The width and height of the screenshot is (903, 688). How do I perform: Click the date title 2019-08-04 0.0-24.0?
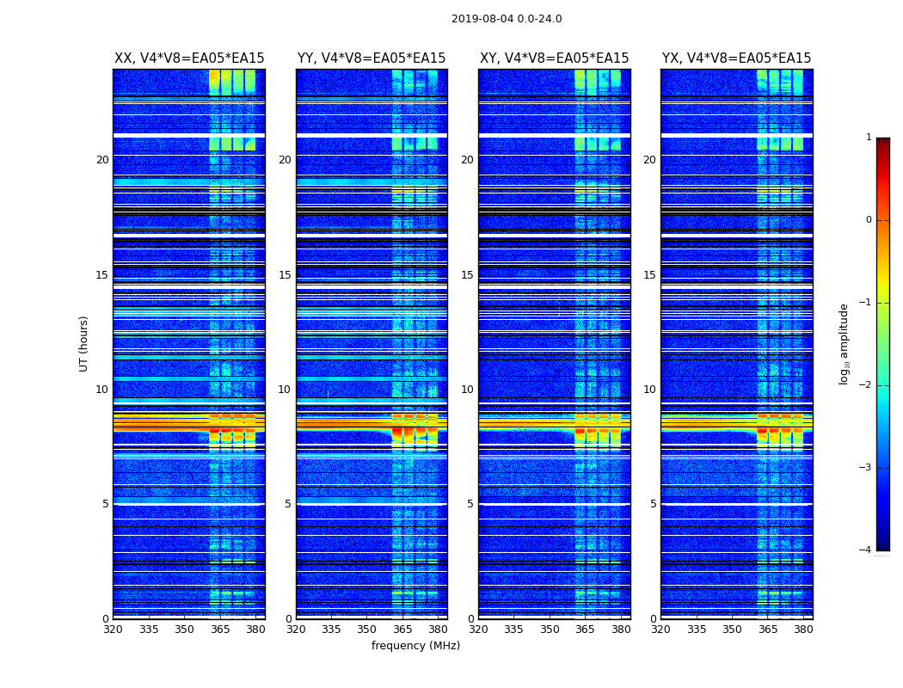[x=507, y=19]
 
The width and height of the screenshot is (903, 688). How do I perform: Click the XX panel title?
[x=189, y=58]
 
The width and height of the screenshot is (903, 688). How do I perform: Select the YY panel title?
[x=372, y=58]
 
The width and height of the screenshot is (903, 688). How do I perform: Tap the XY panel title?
[x=554, y=58]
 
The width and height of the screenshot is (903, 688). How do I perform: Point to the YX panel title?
[x=736, y=58]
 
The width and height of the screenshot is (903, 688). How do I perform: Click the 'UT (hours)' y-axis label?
[x=83, y=343]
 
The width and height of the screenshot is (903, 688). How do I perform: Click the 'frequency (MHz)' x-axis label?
[x=415, y=646]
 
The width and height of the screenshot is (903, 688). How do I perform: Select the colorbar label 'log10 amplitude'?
[x=845, y=343]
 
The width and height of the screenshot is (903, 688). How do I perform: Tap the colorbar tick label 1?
[x=869, y=138]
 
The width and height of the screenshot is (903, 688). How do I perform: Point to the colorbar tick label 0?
[x=869, y=220]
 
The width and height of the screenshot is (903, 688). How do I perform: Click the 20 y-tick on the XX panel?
[x=102, y=160]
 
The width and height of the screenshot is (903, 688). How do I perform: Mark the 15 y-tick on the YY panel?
[x=285, y=275]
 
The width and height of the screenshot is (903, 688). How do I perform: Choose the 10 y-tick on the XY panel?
[x=467, y=390]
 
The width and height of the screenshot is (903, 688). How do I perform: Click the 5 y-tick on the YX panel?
[x=654, y=504]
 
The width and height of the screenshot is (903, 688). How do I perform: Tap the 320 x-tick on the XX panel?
[x=114, y=630]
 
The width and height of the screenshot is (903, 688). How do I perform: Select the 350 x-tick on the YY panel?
[x=367, y=630]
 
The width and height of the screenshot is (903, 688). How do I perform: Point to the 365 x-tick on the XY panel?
[x=585, y=630]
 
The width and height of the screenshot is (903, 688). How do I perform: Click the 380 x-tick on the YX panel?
[x=803, y=630]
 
